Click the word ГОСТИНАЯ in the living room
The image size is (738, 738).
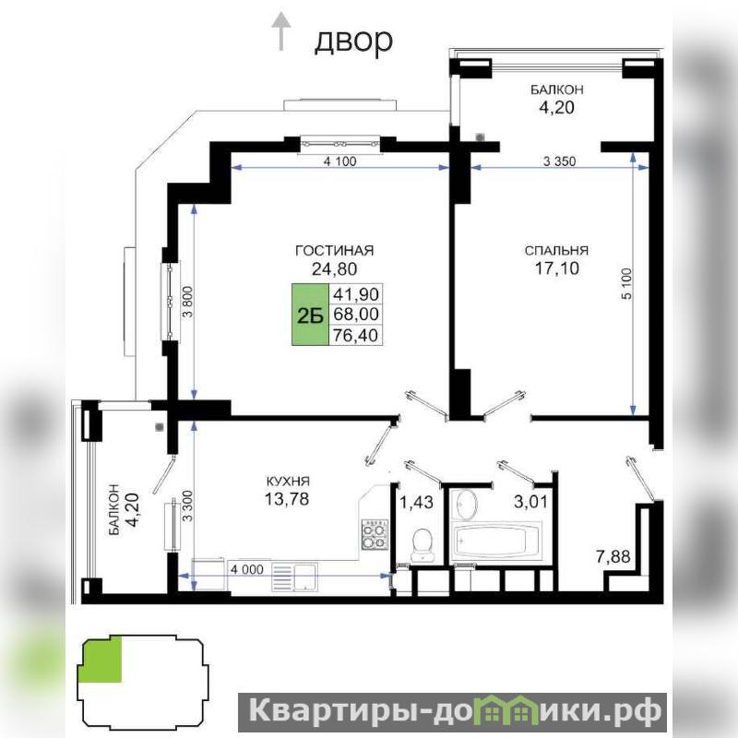pyautogui.click(x=334, y=250)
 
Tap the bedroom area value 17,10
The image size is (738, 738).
pyautogui.click(x=557, y=268)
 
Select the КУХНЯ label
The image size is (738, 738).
pyautogui.click(x=288, y=482)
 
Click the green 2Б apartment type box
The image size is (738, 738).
pyautogui.click(x=310, y=315)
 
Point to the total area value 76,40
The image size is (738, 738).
pyautogui.click(x=355, y=336)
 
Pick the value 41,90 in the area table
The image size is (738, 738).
pyautogui.click(x=355, y=294)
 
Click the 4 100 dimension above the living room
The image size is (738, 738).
pyautogui.click(x=339, y=161)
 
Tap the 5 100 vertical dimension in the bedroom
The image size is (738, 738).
pyautogui.click(x=627, y=283)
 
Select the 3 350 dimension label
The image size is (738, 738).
pyautogui.click(x=559, y=161)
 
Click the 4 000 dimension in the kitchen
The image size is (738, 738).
pyautogui.click(x=246, y=569)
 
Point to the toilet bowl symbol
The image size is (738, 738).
pyautogui.click(x=423, y=544)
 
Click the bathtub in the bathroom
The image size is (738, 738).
pyautogui.click(x=496, y=542)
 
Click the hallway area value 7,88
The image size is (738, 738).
pyautogui.click(x=613, y=557)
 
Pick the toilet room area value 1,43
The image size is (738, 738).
pyautogui.click(x=416, y=502)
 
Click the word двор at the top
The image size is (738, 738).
pyautogui.click(x=353, y=41)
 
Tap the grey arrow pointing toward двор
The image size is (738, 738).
pyautogui.click(x=281, y=31)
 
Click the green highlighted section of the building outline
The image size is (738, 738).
pyautogui.click(x=102, y=659)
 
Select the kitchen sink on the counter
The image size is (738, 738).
pyautogui.click(x=294, y=577)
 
